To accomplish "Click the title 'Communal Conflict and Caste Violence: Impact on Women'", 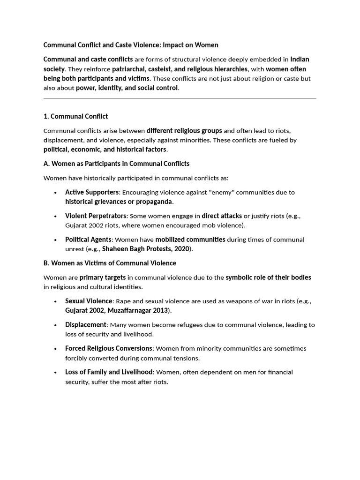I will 131,45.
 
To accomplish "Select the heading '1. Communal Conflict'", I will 75,116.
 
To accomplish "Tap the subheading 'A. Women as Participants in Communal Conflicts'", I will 116,164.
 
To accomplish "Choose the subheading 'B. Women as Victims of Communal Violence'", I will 110,263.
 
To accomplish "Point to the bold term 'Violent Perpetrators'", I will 96,216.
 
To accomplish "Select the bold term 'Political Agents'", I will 88,240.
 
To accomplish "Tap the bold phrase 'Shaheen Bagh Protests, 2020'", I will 145,249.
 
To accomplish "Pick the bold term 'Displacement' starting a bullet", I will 86,324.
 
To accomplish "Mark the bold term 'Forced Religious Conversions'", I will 109,348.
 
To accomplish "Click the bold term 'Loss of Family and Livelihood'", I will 109,372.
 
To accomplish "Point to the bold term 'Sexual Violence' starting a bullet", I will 89,301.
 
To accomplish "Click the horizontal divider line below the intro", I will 180,98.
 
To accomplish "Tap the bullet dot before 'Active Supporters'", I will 55,193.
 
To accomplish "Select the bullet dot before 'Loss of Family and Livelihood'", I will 55,372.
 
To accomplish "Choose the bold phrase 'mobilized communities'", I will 190,240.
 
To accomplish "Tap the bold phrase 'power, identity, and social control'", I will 127,88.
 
